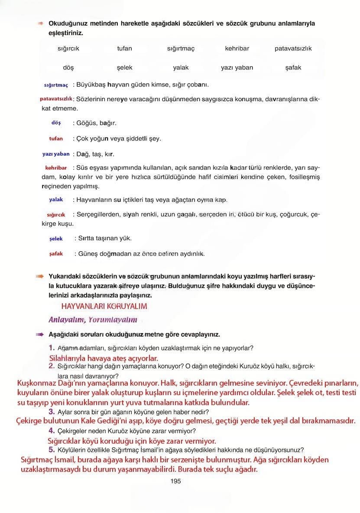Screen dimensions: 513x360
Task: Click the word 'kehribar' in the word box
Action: click(237, 49)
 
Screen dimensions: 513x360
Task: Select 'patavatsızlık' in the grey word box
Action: click(293, 49)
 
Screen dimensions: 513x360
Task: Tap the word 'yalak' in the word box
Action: click(181, 68)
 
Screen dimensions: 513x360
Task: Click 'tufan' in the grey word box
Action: click(124, 49)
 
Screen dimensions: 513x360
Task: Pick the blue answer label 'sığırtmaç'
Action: click(56, 85)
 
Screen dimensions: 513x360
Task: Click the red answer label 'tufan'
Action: click(56, 139)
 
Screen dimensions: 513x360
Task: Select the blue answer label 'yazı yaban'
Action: click(56, 154)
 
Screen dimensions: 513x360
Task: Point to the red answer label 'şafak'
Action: click(56, 253)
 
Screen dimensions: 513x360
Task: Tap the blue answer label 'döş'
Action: click(56, 123)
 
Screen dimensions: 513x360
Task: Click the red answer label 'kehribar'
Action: click(56, 168)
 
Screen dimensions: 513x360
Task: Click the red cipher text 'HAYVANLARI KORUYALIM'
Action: click(104, 306)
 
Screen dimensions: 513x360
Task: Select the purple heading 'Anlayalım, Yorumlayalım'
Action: click(93, 320)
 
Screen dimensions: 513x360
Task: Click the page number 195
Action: click(175, 481)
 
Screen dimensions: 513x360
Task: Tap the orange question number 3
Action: click(51, 411)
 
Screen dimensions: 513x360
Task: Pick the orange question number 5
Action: click(51, 449)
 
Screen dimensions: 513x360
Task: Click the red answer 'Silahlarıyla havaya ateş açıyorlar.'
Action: click(104, 358)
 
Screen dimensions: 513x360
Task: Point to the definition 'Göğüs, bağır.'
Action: click(96, 123)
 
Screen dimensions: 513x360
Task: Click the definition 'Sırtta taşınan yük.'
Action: click(104, 238)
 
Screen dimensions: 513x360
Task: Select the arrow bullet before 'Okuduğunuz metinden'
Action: click(41, 23)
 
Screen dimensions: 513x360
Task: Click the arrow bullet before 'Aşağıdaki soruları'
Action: click(40, 334)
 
